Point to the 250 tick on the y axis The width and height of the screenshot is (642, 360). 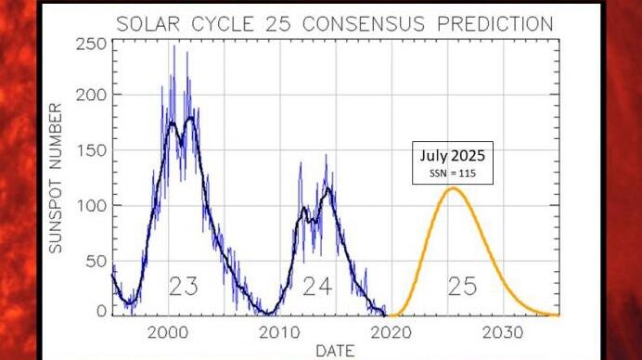point(90,44)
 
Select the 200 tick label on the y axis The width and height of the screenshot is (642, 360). point(90,96)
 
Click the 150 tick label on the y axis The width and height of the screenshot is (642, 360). point(90,149)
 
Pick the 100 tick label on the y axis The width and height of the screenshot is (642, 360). point(90,204)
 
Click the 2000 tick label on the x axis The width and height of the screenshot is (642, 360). point(169,332)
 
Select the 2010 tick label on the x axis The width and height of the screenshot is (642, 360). point(280,332)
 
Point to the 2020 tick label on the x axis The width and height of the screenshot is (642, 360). point(392,332)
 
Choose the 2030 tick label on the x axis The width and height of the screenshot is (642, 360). point(504,332)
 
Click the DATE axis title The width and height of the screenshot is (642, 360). point(336,351)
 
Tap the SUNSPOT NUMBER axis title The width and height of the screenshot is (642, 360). point(55,176)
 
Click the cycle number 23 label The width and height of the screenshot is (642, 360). point(184,287)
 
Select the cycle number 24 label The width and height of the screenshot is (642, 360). point(317,287)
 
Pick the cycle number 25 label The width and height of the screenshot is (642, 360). point(462,287)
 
